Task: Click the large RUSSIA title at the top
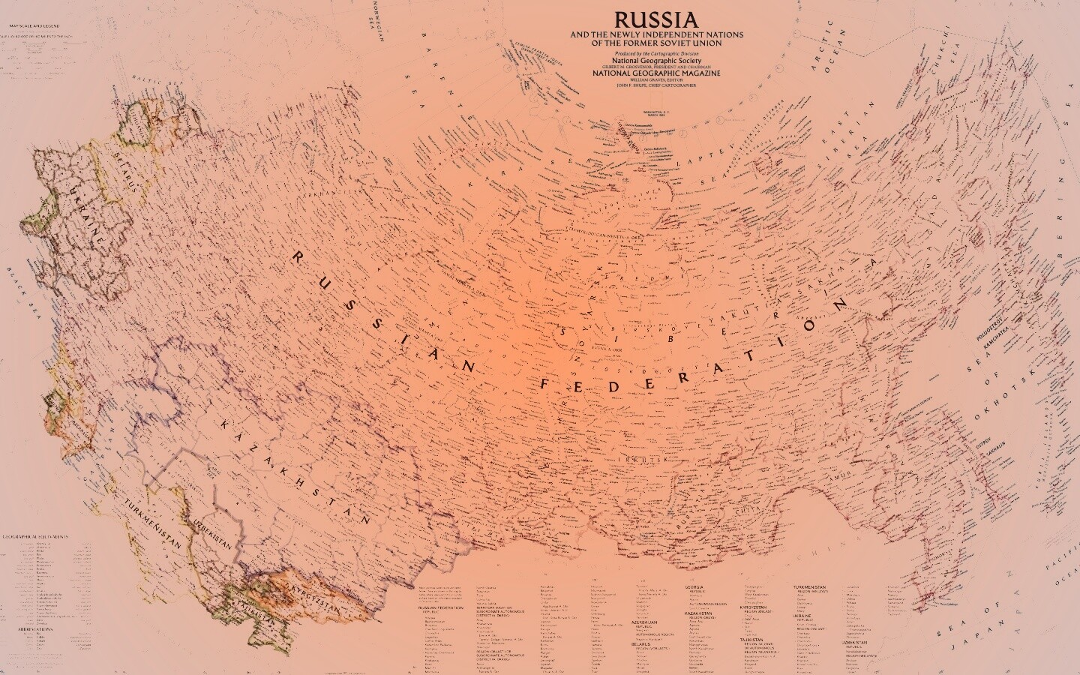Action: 656,19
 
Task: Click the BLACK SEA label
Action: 21,293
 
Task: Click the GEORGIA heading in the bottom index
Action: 694,586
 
